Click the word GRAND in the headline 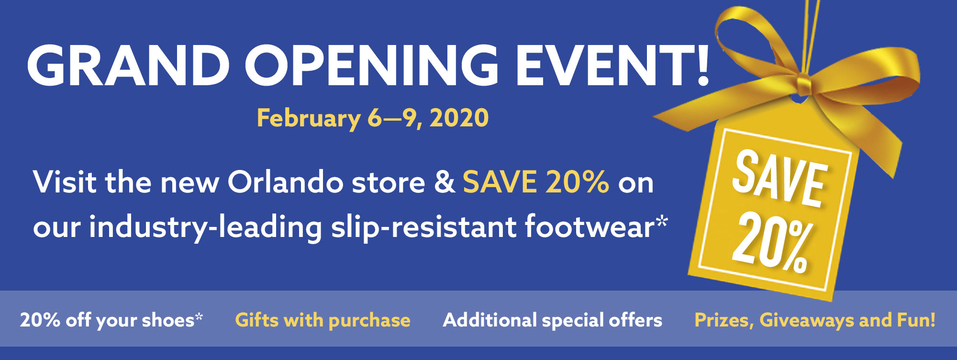[128, 66]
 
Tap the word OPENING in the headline [372, 66]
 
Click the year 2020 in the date [459, 118]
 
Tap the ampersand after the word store [445, 183]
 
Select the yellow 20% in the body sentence [577, 182]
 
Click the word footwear [589, 226]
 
